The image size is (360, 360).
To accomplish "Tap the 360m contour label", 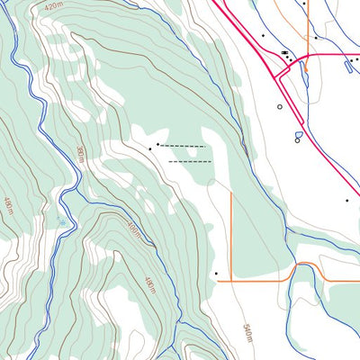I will click(x=80, y=154).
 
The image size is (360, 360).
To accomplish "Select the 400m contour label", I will click(x=134, y=232).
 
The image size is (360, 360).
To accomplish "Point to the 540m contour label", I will click(x=247, y=334).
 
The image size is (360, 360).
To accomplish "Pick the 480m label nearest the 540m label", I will click(x=150, y=287).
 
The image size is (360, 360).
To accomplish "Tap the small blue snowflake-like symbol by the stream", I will click(x=61, y=219).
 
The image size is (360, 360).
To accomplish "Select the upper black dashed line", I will click(x=183, y=146).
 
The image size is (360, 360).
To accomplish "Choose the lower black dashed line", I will click(x=190, y=162).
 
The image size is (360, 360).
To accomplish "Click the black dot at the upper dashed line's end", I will click(x=158, y=143).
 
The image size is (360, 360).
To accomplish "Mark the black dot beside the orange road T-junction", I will click(x=216, y=273).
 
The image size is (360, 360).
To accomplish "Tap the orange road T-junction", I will click(x=233, y=281).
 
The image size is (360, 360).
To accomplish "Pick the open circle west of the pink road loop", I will click(x=280, y=106).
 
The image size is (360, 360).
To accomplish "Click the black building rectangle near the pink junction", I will click(x=285, y=53).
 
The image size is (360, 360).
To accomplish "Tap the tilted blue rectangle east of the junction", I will click(x=349, y=66).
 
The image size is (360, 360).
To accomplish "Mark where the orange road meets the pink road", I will click(x=308, y=54).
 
